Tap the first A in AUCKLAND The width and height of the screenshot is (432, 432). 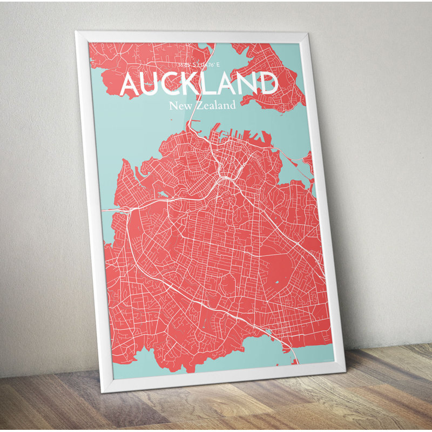pyautogui.click(x=131, y=85)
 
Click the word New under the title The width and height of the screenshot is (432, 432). pyautogui.click(x=180, y=105)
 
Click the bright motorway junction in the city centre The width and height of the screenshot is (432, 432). pyautogui.click(x=222, y=178)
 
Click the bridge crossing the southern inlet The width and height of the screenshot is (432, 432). pyautogui.click(x=294, y=354)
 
